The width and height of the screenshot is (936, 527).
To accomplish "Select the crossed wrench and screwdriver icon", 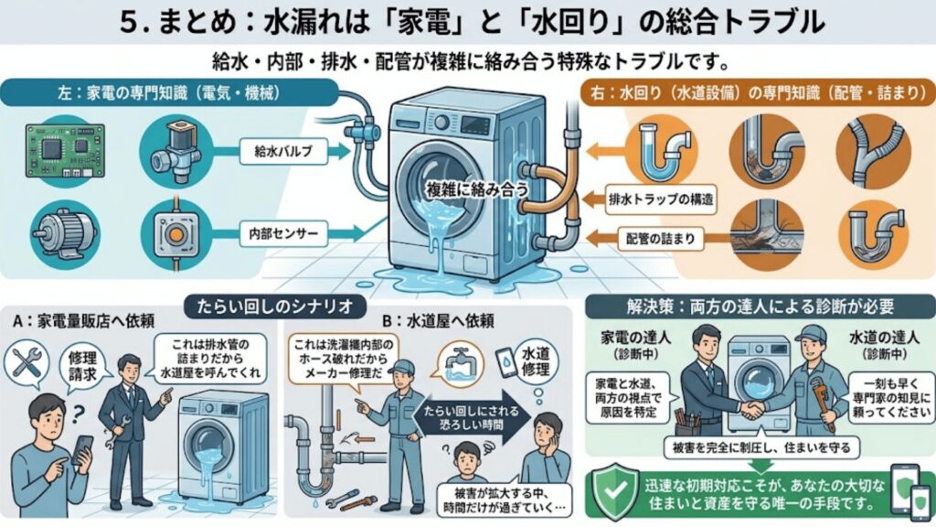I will [x=24, y=364].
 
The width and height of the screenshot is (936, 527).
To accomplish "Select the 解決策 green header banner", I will [x=759, y=306].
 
